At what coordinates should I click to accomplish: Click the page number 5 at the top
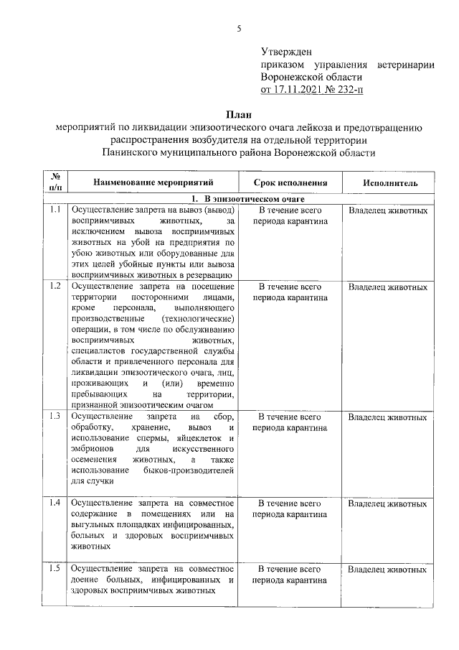[x=240, y=28]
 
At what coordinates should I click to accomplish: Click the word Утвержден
[x=286, y=52]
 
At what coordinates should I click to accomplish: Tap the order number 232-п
[x=346, y=90]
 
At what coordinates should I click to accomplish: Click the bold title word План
[x=239, y=114]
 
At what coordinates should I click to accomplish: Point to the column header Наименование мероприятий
[x=153, y=182]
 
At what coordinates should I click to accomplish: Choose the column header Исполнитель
[x=387, y=182]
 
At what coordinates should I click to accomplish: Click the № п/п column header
[x=56, y=182]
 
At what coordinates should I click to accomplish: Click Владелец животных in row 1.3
[x=387, y=417]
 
